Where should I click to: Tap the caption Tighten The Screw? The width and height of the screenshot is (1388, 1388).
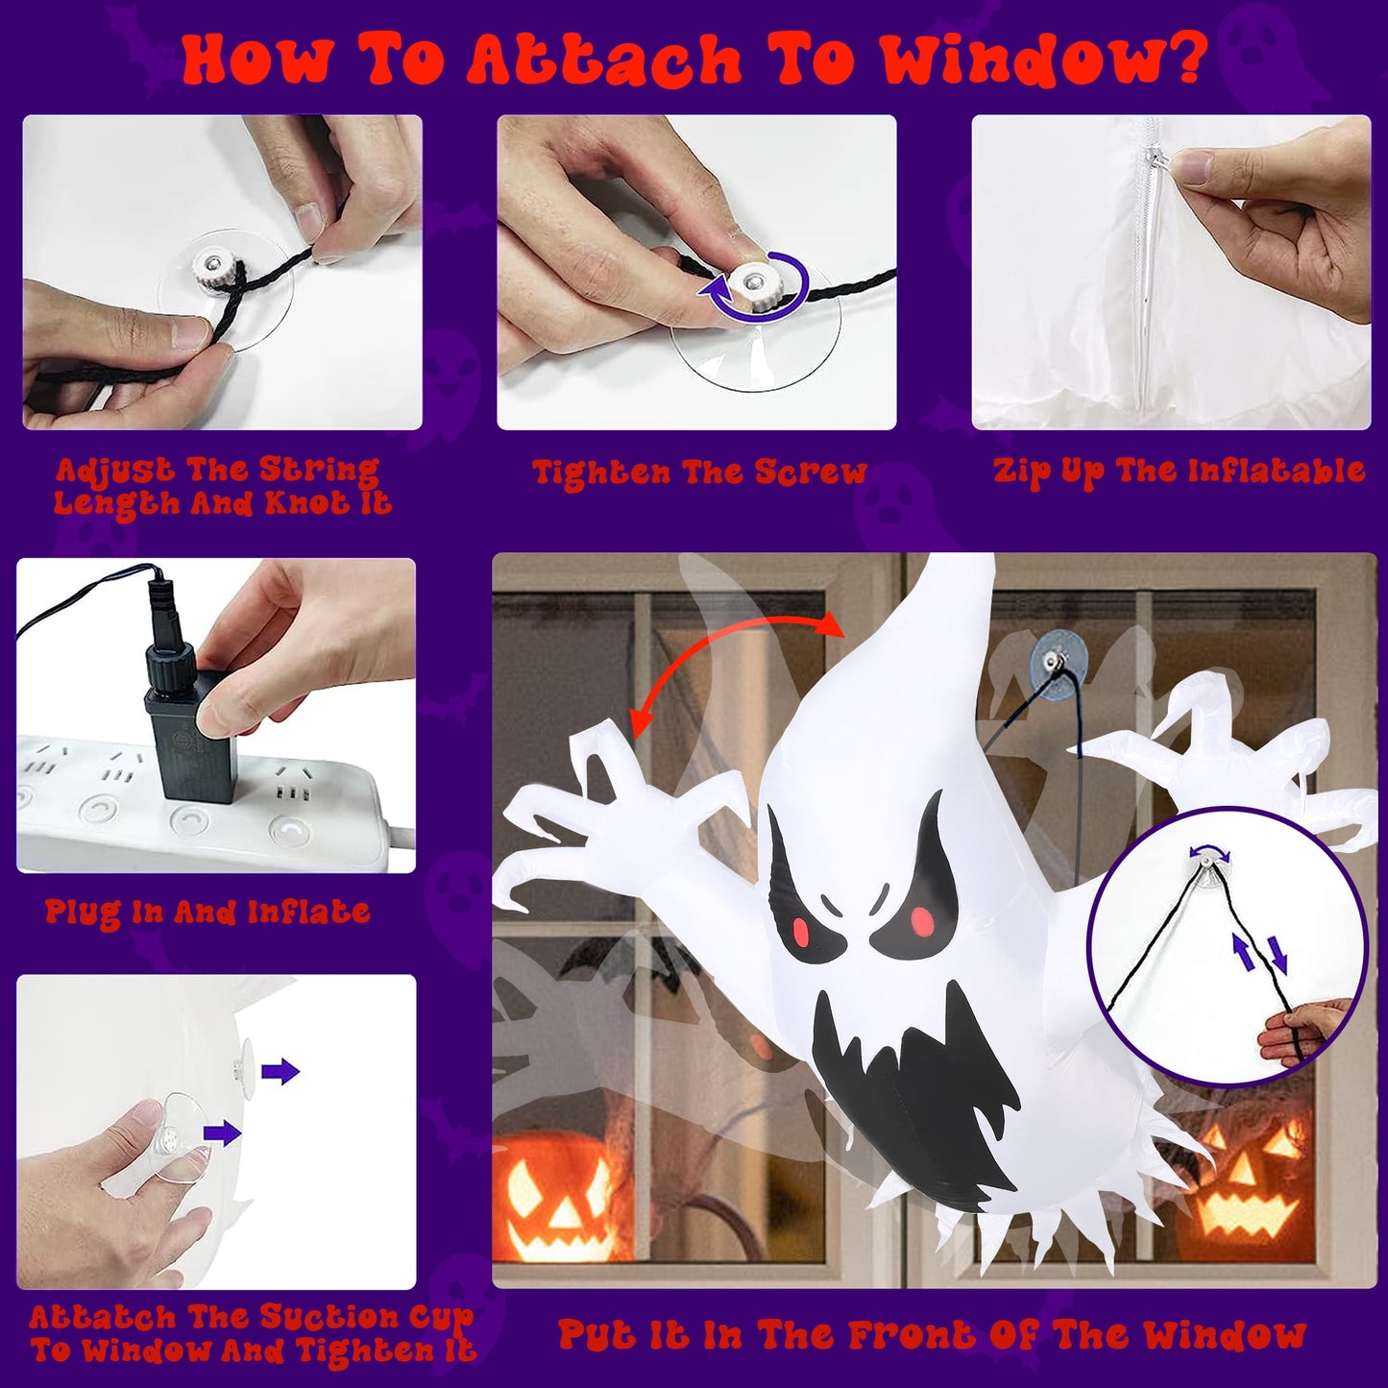tap(699, 473)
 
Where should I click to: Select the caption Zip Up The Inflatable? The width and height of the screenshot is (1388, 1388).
tap(1179, 471)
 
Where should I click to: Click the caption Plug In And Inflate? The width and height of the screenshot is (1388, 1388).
tap(207, 912)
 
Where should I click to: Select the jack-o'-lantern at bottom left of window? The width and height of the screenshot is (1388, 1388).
tap(557, 1196)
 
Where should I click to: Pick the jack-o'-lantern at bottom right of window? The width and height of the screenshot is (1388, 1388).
tap(1249, 1181)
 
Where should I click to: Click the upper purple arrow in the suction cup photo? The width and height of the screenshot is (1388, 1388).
tap(280, 1072)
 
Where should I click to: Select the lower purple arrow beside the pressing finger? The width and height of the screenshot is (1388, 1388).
tap(222, 1133)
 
